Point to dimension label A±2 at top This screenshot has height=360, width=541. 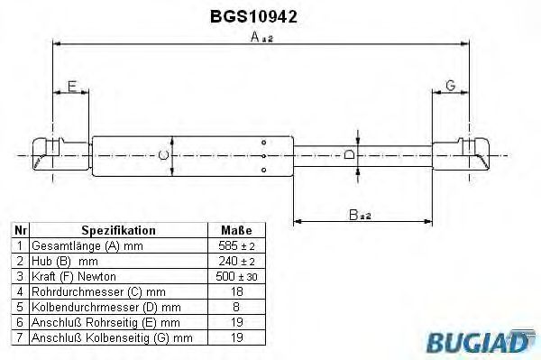(x=261, y=37)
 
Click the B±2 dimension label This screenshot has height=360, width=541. (x=360, y=214)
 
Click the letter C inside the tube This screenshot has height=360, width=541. (x=163, y=155)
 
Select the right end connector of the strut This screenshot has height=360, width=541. (x=462, y=154)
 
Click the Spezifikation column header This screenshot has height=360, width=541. (x=118, y=230)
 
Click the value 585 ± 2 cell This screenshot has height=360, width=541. (x=235, y=245)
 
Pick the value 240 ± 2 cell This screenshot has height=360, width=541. (x=235, y=260)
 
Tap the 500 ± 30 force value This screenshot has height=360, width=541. (x=235, y=275)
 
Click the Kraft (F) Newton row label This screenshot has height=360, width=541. (x=75, y=275)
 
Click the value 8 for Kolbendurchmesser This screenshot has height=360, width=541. (x=235, y=306)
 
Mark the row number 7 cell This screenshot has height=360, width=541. (x=20, y=337)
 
